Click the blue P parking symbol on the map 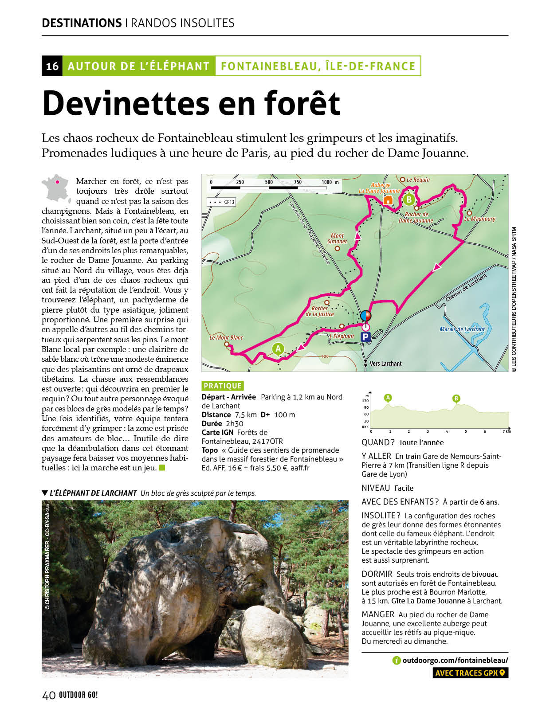click(x=365, y=337)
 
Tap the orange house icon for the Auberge click(x=388, y=200)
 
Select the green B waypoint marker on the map click(x=409, y=200)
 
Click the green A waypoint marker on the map click(x=278, y=349)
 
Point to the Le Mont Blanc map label click(x=226, y=338)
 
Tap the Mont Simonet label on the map click(x=337, y=239)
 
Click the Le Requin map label click(x=418, y=180)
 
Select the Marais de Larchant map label click(x=462, y=329)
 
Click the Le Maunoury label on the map click(x=479, y=219)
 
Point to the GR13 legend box click(x=221, y=202)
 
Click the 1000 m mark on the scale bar click(x=326, y=182)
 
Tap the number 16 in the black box click(x=52, y=66)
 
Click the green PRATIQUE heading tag click(x=223, y=386)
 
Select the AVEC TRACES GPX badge click(x=470, y=673)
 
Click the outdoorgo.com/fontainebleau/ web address click(x=455, y=660)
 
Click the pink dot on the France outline click(x=57, y=181)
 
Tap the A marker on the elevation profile click(x=388, y=398)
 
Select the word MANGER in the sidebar click(x=378, y=614)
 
